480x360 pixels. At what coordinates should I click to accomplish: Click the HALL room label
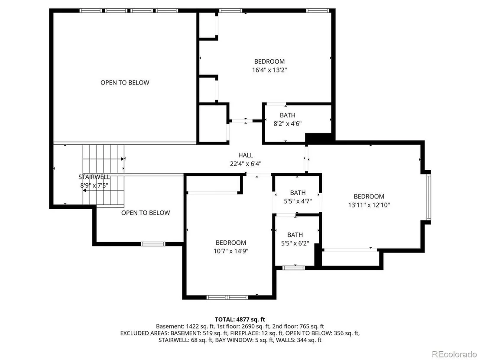pos(246,155)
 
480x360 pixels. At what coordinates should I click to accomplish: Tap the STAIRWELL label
pos(94,177)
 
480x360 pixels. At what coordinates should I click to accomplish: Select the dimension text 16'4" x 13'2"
pos(269,70)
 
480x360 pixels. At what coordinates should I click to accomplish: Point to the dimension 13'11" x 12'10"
pos(369,205)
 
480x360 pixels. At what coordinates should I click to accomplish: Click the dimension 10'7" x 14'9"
pos(231,251)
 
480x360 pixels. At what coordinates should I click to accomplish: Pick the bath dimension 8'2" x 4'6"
pos(288,124)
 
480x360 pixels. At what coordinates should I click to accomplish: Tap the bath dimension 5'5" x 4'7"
pos(298,201)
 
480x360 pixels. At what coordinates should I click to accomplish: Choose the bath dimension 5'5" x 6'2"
pos(295,243)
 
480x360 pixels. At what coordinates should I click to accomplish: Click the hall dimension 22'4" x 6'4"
pos(246,164)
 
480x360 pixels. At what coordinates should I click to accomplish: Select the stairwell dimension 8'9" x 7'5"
pos(94,185)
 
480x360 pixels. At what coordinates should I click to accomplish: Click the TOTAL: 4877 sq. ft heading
pos(240,320)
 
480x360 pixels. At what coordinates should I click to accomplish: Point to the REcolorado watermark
pos(454,354)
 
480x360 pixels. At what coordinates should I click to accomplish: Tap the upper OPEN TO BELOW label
pos(125,83)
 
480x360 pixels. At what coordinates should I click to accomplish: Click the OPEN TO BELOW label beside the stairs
pos(146,213)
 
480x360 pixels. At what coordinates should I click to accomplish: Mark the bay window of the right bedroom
pos(429,197)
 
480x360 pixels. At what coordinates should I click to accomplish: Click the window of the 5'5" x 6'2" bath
pos(294,268)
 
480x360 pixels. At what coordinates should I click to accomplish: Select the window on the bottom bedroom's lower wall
pos(227,297)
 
